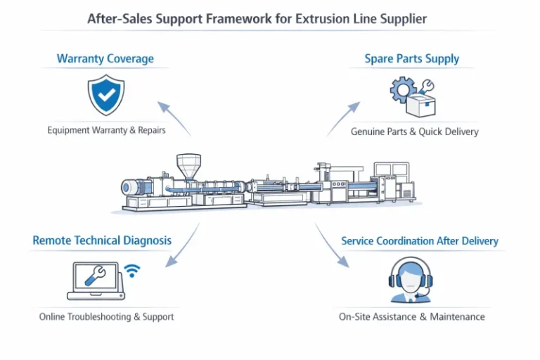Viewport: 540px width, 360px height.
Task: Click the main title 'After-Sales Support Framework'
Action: (x=257, y=19)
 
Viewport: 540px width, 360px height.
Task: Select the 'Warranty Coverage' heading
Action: (x=105, y=58)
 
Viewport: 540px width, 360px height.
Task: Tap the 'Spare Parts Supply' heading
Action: (x=411, y=58)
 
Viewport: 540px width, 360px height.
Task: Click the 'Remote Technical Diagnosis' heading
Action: (x=102, y=240)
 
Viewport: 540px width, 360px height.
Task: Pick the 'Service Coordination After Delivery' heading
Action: (x=419, y=240)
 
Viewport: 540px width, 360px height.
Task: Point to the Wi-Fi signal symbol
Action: (x=131, y=271)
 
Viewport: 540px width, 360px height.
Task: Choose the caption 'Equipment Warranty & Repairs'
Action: (x=106, y=131)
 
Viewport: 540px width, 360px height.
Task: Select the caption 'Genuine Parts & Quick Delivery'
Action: (x=414, y=132)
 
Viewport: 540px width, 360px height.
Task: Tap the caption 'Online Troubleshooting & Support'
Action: (x=106, y=316)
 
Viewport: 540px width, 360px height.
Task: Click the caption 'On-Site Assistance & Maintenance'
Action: (x=411, y=316)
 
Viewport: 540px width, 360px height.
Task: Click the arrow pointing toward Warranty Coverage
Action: (x=174, y=117)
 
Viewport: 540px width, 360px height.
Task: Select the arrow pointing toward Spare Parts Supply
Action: (x=342, y=118)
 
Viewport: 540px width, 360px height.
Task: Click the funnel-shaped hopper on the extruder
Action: (x=187, y=166)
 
